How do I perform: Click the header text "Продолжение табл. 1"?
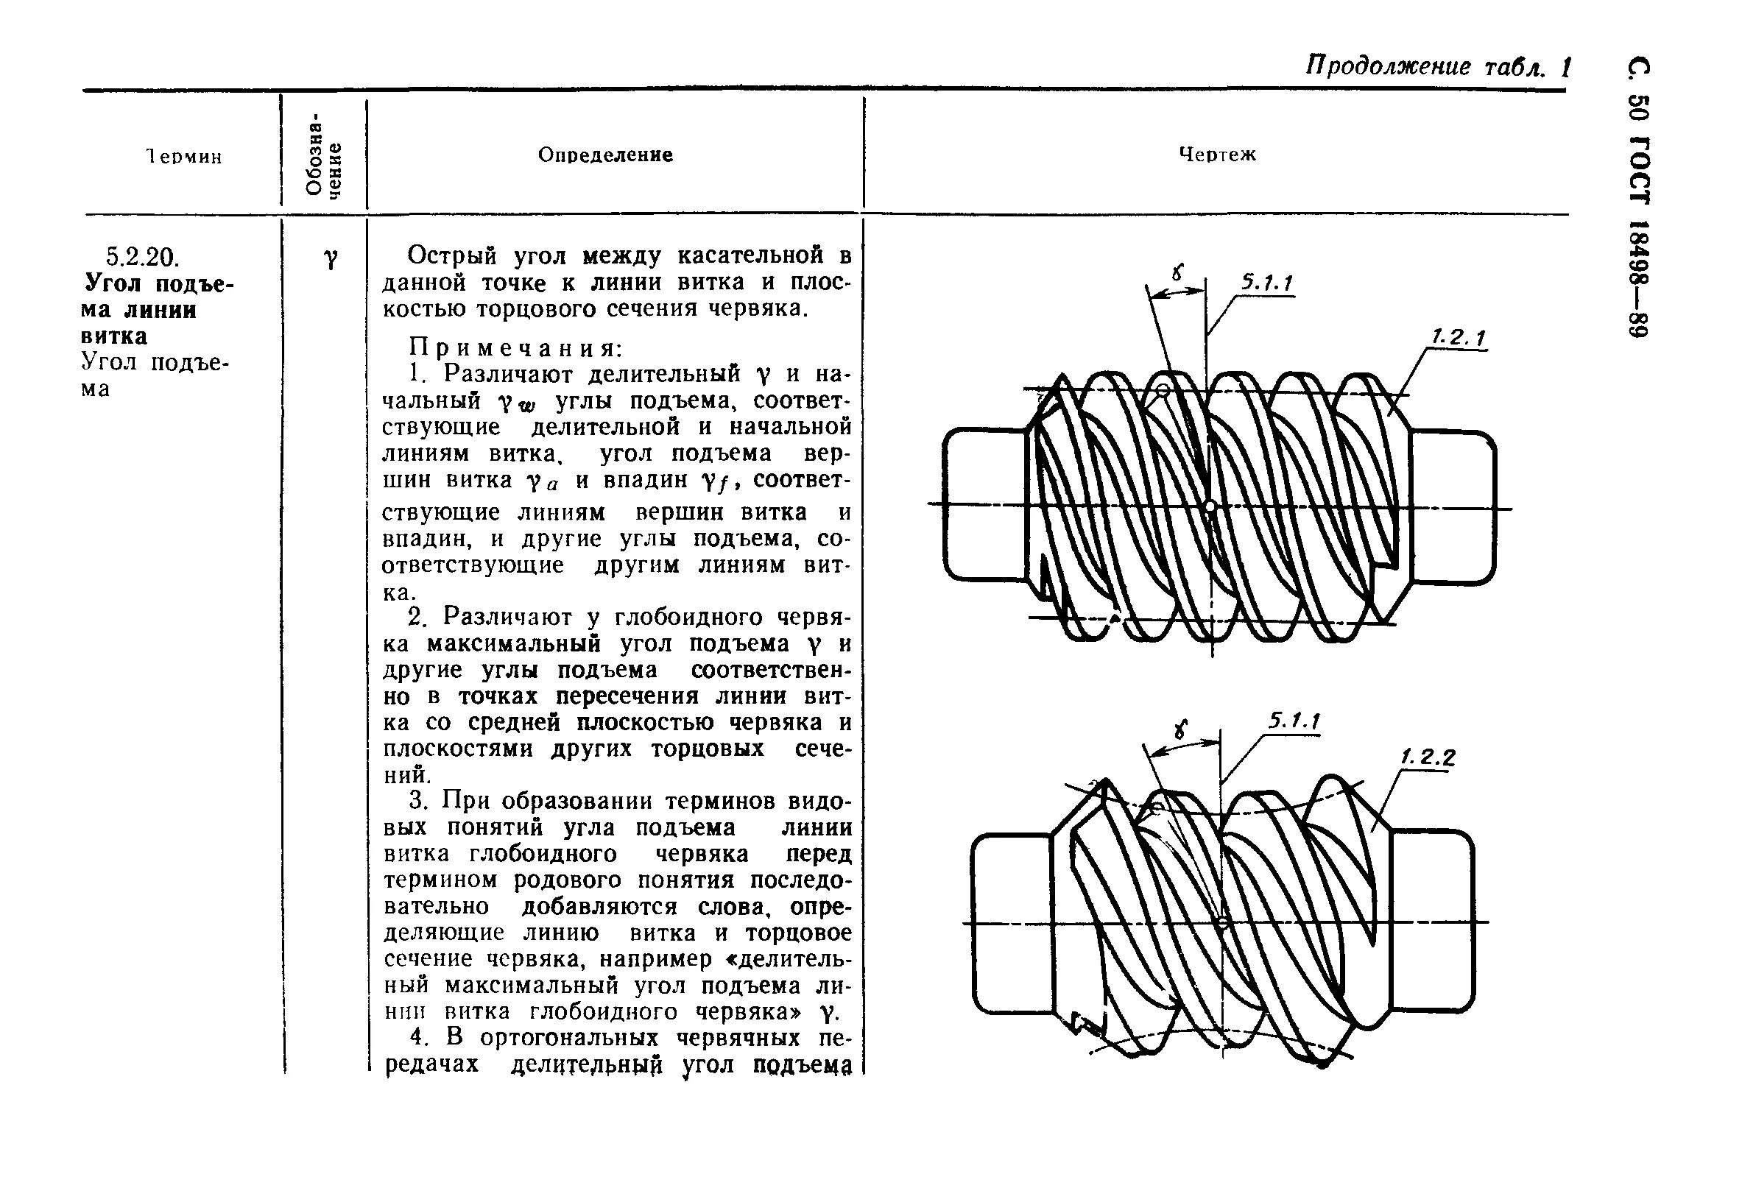[x=1438, y=68]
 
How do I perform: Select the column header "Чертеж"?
[x=1217, y=155]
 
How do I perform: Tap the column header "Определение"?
[x=606, y=155]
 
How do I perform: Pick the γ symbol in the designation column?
[x=330, y=258]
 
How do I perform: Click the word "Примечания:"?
[x=515, y=347]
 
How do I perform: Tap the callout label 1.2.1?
[x=1459, y=339]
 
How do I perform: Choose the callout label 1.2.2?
[x=1428, y=757]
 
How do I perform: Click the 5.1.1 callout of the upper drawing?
[x=1268, y=283]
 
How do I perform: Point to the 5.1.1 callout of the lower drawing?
[x=1294, y=721]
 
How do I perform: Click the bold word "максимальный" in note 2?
[x=514, y=643]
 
